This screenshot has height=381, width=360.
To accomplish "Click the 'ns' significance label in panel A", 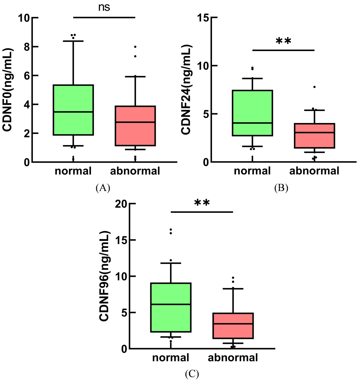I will (104, 7).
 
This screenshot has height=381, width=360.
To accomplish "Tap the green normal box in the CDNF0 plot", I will (73, 110).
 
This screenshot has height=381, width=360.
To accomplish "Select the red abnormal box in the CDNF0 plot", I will (135, 126).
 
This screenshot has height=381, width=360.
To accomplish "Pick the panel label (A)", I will (103, 188).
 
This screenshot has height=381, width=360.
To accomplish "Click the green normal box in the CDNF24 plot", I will (253, 113).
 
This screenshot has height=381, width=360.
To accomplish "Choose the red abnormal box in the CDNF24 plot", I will (314, 136).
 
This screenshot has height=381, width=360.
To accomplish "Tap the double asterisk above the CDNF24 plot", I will (283, 42).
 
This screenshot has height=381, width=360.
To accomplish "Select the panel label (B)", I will (281, 188).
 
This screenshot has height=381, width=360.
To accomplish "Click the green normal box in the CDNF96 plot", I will (171, 307).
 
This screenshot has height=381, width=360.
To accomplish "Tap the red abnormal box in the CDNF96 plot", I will (233, 326).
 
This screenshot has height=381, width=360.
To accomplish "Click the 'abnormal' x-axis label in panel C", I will (233, 358).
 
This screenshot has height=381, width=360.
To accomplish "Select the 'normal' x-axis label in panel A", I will (73, 170).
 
